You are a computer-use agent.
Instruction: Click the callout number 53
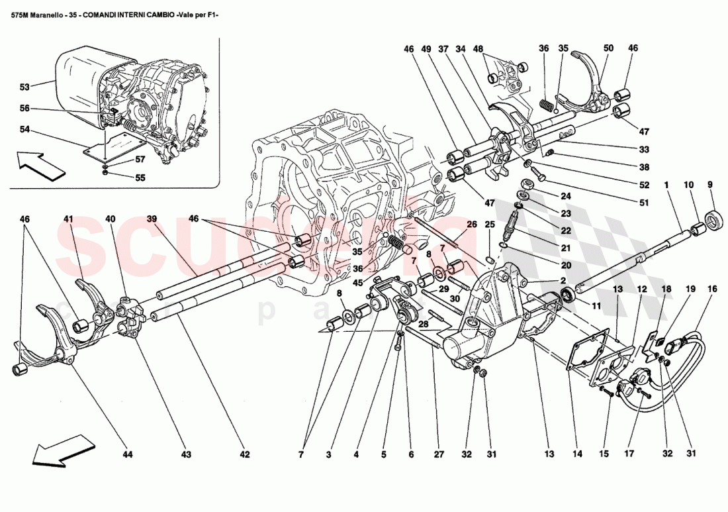(x=24, y=87)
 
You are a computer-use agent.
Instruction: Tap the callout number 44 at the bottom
(x=128, y=454)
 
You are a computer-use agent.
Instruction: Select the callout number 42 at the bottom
(x=245, y=454)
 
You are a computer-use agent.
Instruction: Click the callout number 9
(x=711, y=185)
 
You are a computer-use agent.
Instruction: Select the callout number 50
(x=608, y=48)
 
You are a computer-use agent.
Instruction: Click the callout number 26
(x=471, y=224)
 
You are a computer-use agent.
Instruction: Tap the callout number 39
(x=152, y=219)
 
